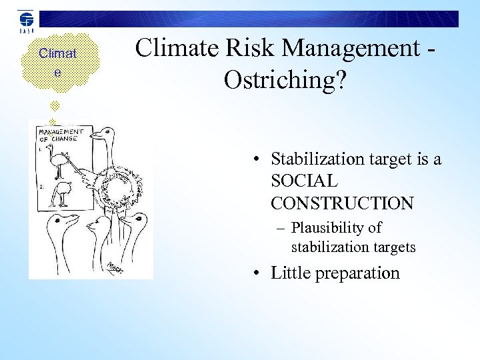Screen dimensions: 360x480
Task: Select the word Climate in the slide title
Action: click(174, 48)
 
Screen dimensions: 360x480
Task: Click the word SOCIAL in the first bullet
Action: click(305, 181)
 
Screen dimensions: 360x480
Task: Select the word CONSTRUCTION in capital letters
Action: click(342, 203)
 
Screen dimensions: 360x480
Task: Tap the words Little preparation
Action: click(335, 273)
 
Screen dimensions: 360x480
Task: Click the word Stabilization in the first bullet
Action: click(317, 159)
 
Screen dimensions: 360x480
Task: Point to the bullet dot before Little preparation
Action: click(256, 273)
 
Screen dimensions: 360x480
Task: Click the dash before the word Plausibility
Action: click(283, 228)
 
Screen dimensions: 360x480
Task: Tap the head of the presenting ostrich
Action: click(100, 137)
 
